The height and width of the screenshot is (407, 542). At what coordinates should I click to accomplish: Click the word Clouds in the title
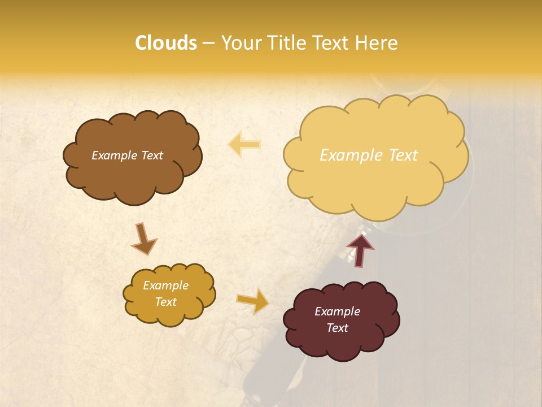[x=165, y=43]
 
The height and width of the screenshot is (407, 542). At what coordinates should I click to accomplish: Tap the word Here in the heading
[x=378, y=43]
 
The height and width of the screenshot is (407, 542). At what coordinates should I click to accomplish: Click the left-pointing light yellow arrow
[x=244, y=144]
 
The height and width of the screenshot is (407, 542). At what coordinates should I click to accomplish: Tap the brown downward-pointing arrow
[x=144, y=238]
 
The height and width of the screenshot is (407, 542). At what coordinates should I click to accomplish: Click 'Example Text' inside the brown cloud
[x=127, y=155]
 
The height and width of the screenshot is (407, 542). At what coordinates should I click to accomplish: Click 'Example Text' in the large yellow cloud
[x=369, y=155]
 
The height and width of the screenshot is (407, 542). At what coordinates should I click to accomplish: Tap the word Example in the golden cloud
[x=165, y=285]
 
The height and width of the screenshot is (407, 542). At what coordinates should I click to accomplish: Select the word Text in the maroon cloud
[x=337, y=328]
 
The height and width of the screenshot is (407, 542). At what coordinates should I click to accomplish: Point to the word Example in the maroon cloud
[x=337, y=311]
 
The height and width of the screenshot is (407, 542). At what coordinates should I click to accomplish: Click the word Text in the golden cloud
[x=165, y=302]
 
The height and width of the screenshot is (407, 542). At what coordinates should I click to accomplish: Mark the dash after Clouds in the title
[x=208, y=44]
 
